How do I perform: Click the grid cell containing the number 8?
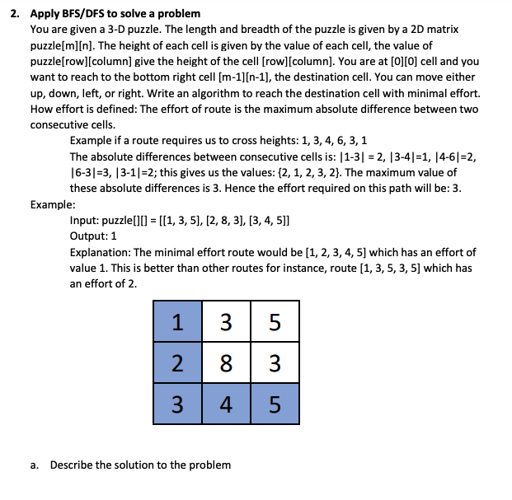[226, 363]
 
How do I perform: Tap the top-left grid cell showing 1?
[177, 322]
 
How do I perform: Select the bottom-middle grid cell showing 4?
[226, 404]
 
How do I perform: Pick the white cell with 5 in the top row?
[275, 322]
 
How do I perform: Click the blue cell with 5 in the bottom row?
[275, 404]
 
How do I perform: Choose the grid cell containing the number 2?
[177, 363]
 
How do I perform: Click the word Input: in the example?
[85, 221]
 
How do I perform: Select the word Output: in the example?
[89, 236]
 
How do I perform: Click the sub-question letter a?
[36, 465]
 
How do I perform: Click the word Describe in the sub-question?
[71, 465]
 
